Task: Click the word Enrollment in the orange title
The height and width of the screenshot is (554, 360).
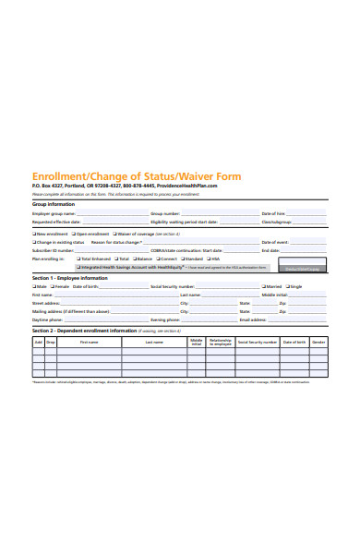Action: tap(64, 175)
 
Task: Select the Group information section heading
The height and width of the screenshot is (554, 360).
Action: tap(54, 204)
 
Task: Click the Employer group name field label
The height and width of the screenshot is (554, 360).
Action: tap(54, 213)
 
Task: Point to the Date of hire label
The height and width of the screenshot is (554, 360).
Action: tap(273, 213)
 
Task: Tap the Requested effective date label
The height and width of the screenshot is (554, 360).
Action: tap(56, 223)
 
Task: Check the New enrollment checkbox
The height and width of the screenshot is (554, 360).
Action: tap(35, 234)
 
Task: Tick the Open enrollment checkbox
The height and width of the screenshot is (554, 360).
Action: tap(72, 234)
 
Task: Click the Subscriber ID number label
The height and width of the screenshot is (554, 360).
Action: tap(53, 250)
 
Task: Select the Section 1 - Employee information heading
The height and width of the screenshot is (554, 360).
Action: tap(70, 277)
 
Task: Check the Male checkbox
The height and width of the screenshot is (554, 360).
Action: tap(35, 286)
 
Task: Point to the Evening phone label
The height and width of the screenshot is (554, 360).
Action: tap(166, 319)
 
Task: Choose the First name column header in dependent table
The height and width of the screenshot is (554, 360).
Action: tap(89, 342)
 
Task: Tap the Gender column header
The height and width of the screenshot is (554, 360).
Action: tap(318, 342)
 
